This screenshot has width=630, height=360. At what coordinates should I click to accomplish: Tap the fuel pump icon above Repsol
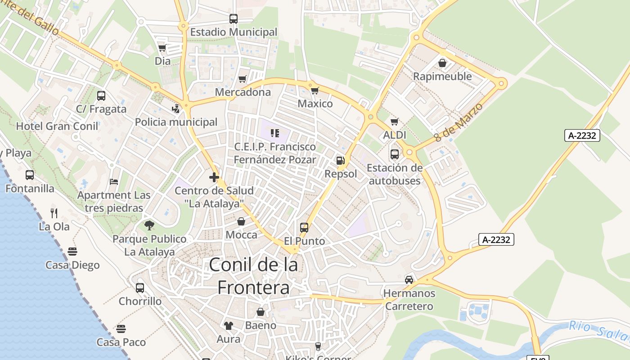click(341, 161)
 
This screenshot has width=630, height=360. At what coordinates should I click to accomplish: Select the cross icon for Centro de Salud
click(214, 177)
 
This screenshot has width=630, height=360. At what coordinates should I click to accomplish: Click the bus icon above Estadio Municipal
click(233, 19)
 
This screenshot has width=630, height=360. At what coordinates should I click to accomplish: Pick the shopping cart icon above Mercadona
click(243, 79)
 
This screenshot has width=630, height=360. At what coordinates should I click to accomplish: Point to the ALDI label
click(395, 135)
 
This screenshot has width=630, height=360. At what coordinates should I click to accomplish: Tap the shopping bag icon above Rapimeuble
click(442, 63)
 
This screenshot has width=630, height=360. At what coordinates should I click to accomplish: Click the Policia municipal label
click(176, 122)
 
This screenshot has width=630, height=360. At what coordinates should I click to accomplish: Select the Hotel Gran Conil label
click(57, 126)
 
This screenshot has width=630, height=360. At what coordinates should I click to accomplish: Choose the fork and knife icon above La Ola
click(54, 213)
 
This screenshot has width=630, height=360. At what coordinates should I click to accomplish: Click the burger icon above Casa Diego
click(72, 251)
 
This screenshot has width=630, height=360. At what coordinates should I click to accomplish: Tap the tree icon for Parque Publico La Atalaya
click(149, 225)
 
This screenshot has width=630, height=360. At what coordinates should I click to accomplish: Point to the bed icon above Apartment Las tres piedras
click(114, 182)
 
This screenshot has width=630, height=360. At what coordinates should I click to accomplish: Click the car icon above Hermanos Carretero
click(409, 279)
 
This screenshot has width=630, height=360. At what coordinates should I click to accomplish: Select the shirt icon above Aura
click(229, 325)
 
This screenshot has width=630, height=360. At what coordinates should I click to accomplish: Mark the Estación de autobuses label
click(395, 174)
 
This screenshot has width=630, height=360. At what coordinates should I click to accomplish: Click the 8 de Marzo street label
click(459, 122)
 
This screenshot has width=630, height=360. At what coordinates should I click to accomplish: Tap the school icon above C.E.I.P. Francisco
click(274, 133)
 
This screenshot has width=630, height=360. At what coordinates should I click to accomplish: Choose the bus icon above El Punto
click(304, 228)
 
